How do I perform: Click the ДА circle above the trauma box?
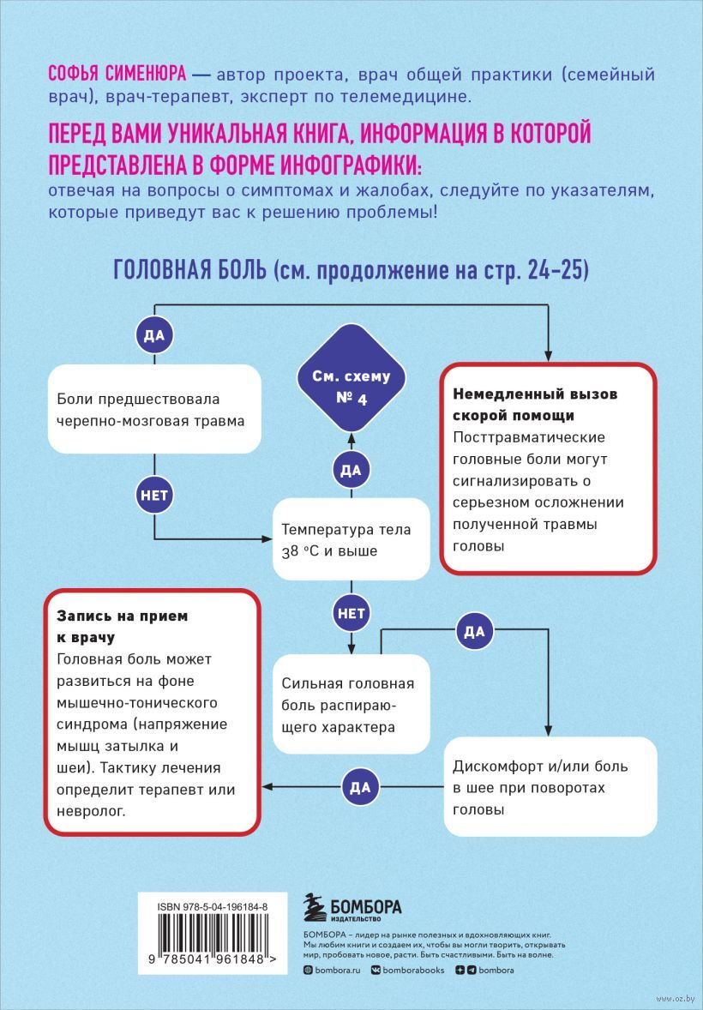(154, 335)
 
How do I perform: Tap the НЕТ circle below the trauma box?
(154, 494)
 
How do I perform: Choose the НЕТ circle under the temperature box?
(350, 613)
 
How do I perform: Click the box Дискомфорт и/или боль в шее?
(550, 786)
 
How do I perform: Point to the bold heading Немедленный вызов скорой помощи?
(535, 405)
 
